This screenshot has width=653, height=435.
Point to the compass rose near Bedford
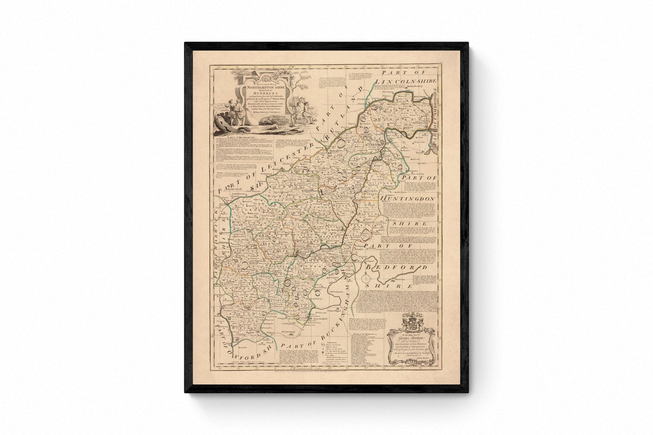365,280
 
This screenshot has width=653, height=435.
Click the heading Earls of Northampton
237,136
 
